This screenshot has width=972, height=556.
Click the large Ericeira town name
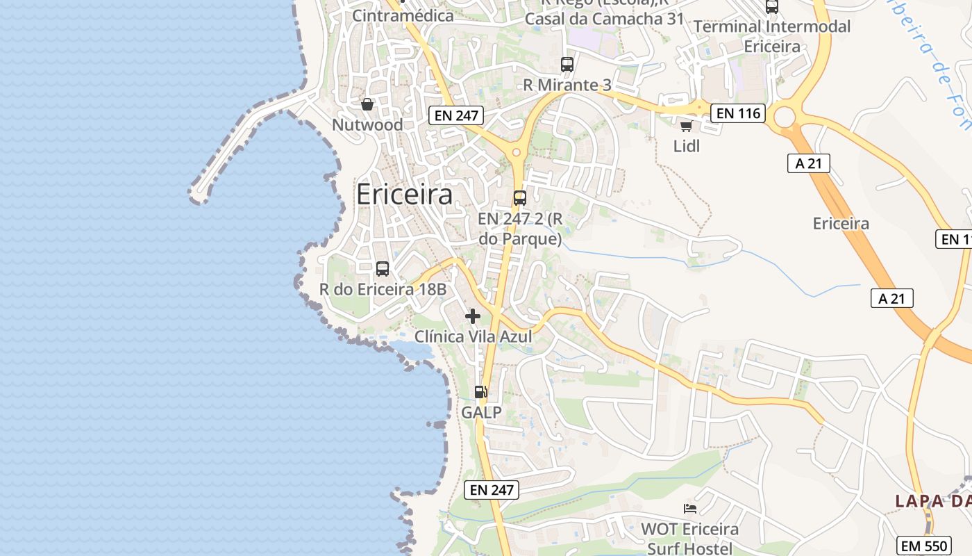(x=404, y=195)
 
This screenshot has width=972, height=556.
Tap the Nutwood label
(x=367, y=125)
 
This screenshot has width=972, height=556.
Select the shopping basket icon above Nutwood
(x=367, y=104)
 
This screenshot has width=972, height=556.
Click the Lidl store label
(x=687, y=146)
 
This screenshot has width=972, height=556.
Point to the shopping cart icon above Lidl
(x=687, y=126)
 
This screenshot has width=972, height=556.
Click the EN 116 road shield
(x=737, y=113)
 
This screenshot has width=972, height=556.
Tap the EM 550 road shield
(x=925, y=546)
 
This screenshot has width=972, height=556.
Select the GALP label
(x=481, y=412)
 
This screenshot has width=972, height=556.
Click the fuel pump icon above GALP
(x=481, y=392)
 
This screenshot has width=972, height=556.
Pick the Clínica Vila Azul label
(x=473, y=337)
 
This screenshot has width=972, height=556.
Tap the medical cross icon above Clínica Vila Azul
(x=473, y=316)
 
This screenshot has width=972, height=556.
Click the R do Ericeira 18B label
(x=382, y=289)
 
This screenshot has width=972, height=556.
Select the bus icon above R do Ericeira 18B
(x=382, y=269)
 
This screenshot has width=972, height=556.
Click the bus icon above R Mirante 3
(x=567, y=65)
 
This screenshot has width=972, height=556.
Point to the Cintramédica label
(x=403, y=15)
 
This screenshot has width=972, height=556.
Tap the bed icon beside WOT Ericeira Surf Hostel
(x=690, y=509)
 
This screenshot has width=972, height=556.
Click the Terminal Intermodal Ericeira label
(x=772, y=36)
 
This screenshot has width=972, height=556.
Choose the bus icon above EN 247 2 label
(x=520, y=198)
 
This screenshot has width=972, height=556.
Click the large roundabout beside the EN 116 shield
(x=785, y=117)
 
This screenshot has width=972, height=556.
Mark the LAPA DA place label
(x=932, y=501)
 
